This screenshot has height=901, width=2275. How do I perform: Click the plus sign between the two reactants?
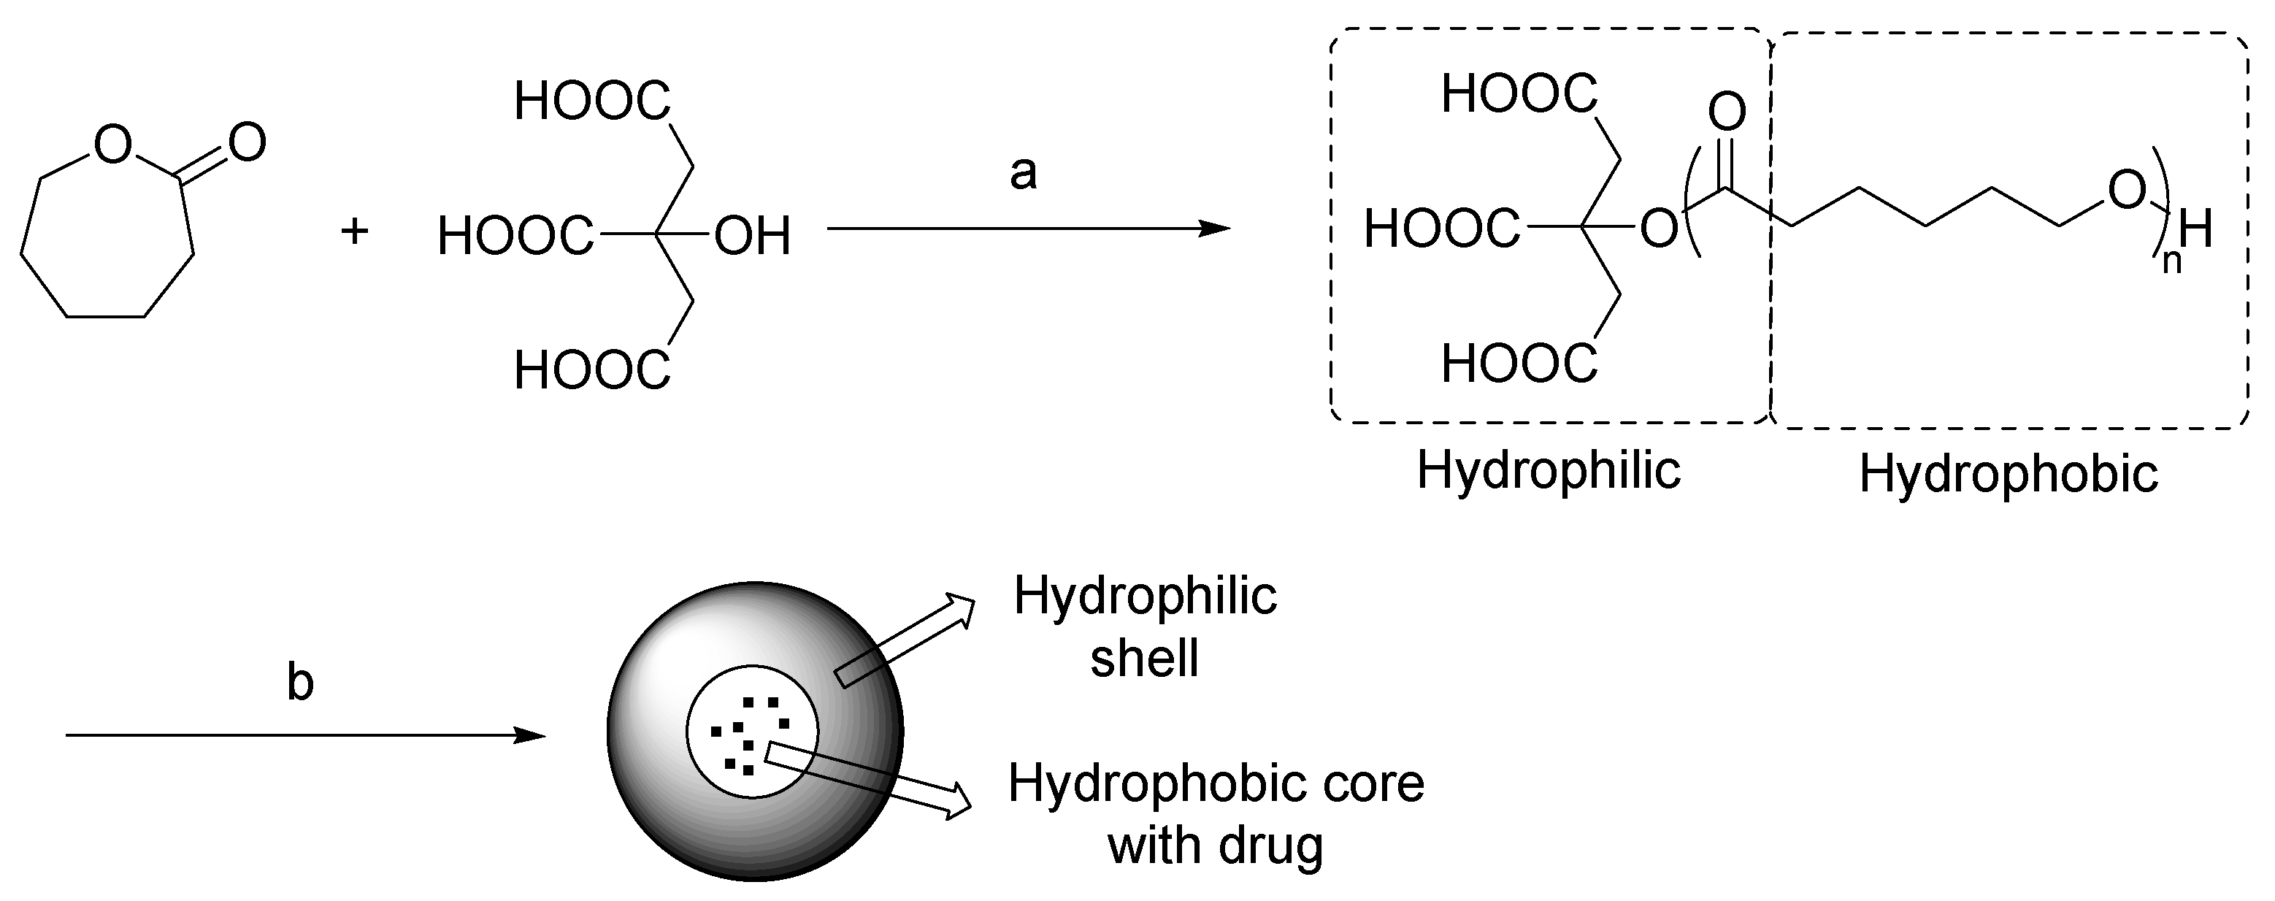pyautogui.click(x=354, y=232)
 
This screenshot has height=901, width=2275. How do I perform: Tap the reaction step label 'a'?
pyautogui.click(x=1023, y=173)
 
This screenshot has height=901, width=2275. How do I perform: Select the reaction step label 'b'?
pyautogui.click(x=300, y=683)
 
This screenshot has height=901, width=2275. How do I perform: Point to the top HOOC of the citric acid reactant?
pyautogui.click(x=591, y=101)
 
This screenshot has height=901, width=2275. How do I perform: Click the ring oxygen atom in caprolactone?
pyautogui.click(x=112, y=145)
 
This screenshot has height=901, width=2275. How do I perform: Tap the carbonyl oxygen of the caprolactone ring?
pyautogui.click(x=246, y=142)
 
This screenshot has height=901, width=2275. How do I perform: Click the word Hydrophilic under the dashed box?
pyautogui.click(x=1548, y=470)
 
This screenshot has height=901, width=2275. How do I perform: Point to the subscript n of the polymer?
pyautogui.click(x=2171, y=261)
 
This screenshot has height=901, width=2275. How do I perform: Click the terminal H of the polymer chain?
pyautogui.click(x=2195, y=231)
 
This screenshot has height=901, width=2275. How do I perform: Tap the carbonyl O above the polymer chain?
pyautogui.click(x=1727, y=112)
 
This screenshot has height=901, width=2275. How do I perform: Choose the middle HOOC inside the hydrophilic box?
pyautogui.click(x=1441, y=230)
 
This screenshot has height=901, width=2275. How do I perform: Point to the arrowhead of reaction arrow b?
pyautogui.click(x=532, y=735)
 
